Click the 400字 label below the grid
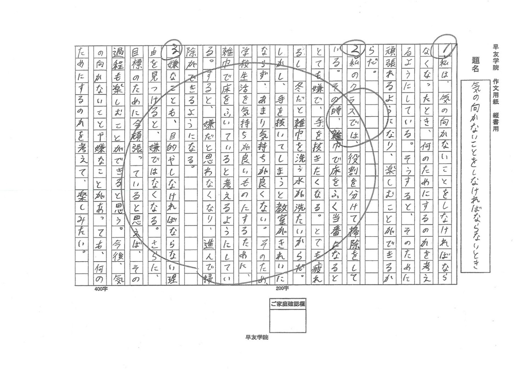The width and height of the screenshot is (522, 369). [101, 289]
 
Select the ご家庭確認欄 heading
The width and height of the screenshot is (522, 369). [288, 304]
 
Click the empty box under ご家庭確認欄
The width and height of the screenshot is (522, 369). [288, 320]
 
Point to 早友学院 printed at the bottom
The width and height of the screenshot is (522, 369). [257, 337]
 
